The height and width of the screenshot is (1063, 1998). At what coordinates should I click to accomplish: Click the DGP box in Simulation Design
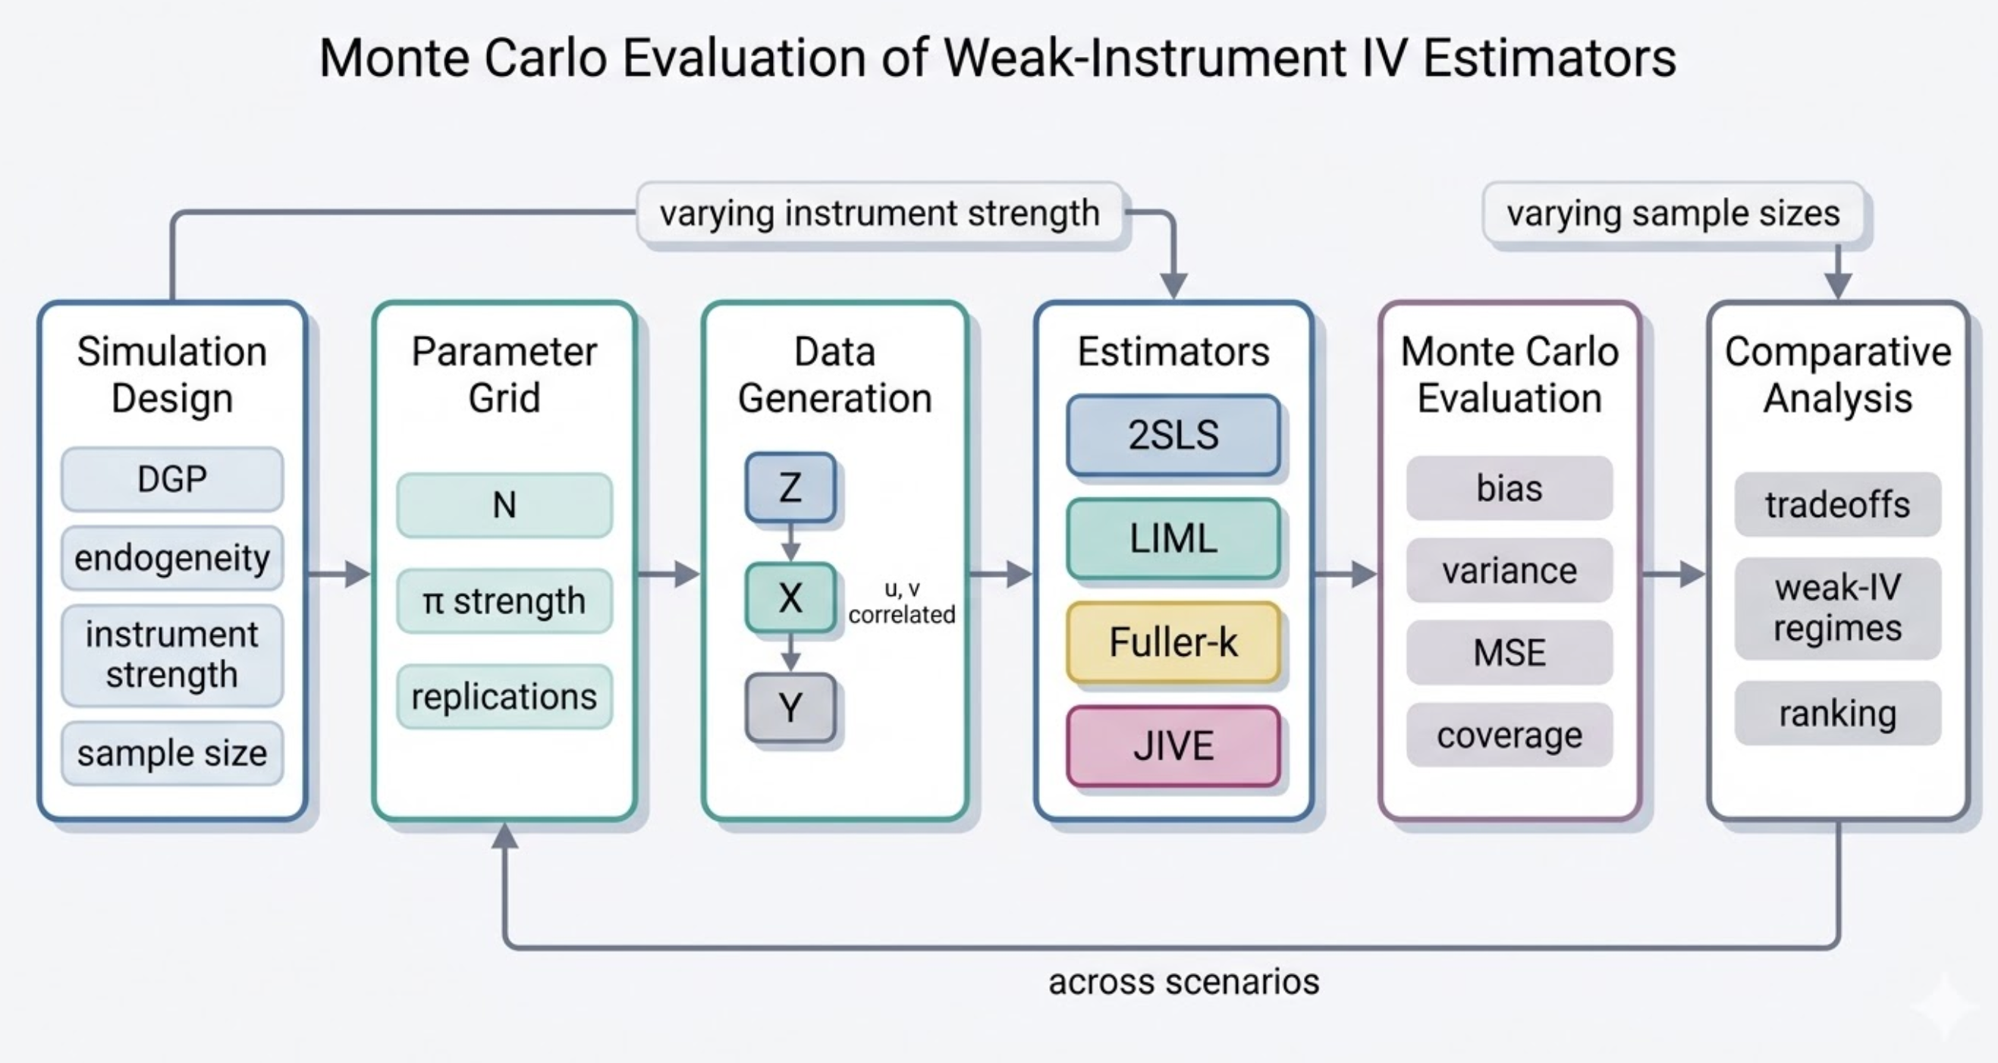(171, 479)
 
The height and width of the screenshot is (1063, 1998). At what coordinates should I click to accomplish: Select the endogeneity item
(171, 557)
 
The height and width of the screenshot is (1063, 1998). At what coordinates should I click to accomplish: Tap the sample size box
(171, 753)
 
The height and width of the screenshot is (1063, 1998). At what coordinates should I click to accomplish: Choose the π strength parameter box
(504, 601)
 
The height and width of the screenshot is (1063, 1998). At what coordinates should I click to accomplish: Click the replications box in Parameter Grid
(504, 696)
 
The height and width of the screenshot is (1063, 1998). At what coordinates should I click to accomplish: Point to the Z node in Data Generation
(790, 488)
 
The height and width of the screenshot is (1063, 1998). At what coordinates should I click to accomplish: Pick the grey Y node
(790, 707)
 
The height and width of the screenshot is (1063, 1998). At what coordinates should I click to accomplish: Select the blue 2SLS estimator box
(1173, 434)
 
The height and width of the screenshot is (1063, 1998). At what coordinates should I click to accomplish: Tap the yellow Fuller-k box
(1173, 642)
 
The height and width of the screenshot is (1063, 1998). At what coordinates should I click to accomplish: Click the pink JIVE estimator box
(1173, 746)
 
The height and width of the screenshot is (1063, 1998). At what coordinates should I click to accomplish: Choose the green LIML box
(1173, 538)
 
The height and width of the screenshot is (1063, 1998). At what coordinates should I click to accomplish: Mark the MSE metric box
(1509, 652)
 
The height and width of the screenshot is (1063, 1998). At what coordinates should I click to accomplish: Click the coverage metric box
(1509, 735)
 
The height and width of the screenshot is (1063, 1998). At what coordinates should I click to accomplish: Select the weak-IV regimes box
(1836, 608)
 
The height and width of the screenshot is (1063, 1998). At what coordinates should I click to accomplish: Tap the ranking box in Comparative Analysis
(1836, 713)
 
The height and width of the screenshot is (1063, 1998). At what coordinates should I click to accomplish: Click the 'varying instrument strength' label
(880, 212)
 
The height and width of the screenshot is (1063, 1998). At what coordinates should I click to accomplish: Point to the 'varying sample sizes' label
(1673, 212)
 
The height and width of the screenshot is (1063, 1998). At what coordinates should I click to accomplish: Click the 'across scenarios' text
(1183, 982)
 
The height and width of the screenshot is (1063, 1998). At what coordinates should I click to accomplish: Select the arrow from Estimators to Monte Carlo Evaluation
(1345, 574)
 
